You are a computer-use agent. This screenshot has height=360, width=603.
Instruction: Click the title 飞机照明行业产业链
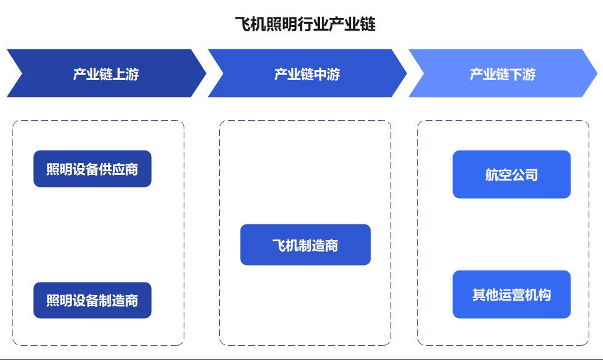[x=305, y=24]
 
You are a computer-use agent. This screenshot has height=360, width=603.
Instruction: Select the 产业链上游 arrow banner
[x=106, y=73]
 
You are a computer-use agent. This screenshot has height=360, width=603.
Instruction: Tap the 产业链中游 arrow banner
[x=307, y=73]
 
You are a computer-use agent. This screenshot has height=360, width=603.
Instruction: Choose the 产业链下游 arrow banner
[x=502, y=73]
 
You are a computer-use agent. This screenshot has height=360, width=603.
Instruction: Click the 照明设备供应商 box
[x=92, y=169]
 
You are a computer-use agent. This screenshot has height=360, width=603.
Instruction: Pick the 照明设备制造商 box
[x=92, y=301]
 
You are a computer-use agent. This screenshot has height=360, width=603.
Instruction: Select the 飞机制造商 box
[x=306, y=244]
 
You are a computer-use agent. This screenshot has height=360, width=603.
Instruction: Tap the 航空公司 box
[x=512, y=174]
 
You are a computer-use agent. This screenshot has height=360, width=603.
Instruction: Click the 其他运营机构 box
[x=512, y=294]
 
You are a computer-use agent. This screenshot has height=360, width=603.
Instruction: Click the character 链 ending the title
[x=368, y=24]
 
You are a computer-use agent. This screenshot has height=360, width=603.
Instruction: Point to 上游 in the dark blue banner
[x=126, y=74]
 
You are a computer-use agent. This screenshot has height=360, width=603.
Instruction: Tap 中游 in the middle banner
[x=327, y=74]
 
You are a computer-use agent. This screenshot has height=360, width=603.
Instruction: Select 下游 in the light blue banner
[x=522, y=74]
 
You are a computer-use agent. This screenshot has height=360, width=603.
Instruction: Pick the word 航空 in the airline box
[x=498, y=175]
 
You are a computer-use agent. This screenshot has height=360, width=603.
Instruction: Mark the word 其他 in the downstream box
[x=486, y=295]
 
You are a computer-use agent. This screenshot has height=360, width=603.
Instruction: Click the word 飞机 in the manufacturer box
[x=286, y=246]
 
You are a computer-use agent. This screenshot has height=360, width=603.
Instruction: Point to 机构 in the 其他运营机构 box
[x=538, y=295]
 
